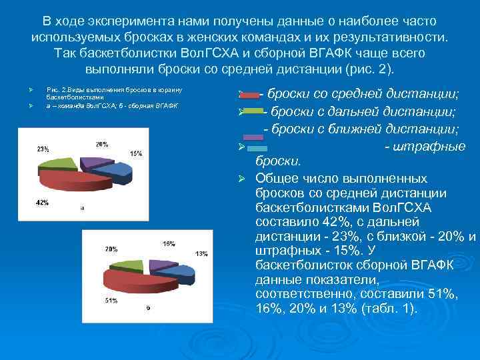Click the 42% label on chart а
coord(41,201)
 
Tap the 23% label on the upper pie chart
coord(43,149)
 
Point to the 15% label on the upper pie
coord(136,154)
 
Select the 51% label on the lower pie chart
coord(111,301)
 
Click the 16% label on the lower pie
coord(169,243)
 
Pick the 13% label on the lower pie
coord(201,254)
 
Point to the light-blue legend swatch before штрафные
coord(257,147)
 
